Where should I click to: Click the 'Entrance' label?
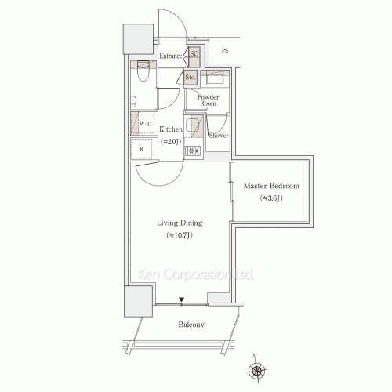point(171,56)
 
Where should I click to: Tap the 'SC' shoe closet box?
point(194,55)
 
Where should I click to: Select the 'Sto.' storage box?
point(191,78)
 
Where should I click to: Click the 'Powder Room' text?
point(207,100)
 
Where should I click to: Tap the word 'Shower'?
point(219,135)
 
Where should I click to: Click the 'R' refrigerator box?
point(142,148)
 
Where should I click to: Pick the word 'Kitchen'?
point(171,129)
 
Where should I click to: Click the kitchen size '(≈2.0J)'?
point(171,141)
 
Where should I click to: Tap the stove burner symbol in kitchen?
point(194,151)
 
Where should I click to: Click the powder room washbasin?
point(214,79)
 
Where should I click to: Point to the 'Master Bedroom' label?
point(271,186)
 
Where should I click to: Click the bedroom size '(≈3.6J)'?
point(271,198)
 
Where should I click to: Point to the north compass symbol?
point(260,368)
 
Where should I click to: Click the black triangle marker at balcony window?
point(181,299)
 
